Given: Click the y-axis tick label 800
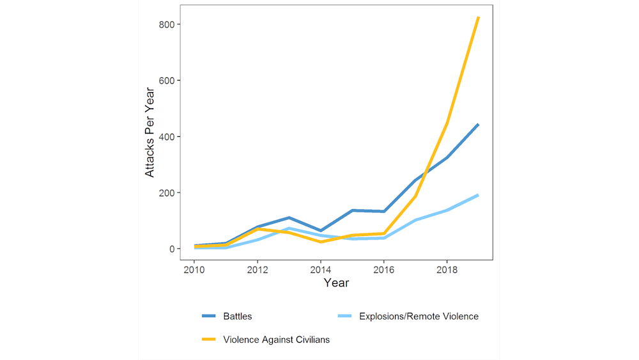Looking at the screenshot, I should tap(166, 24).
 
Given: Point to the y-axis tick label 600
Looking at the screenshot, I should tap(166, 81).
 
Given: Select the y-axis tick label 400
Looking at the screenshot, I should tap(166, 137).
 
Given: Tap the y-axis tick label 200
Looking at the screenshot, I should tap(166, 192).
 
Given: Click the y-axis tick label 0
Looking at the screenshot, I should tap(171, 249).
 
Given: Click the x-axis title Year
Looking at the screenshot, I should tap(336, 283).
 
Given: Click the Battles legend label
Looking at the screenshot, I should tap(237, 316).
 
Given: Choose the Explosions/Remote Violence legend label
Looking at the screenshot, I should tap(419, 316).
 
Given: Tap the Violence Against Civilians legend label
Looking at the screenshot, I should tap(276, 340).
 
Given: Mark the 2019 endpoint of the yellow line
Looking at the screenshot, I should tap(478, 18).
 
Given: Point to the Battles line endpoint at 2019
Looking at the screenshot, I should tap(478, 125).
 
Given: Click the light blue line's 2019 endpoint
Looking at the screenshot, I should tap(478, 195).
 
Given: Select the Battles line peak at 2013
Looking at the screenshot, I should tap(289, 218).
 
